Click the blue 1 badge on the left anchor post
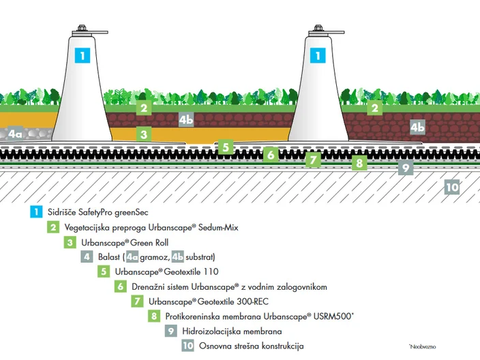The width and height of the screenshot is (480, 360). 82,55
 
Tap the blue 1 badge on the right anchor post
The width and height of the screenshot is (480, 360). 318,55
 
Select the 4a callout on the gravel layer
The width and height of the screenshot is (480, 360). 15,134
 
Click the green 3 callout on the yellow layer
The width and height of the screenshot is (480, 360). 144,134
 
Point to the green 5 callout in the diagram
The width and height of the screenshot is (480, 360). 226,147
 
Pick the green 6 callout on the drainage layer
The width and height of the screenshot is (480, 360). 271,155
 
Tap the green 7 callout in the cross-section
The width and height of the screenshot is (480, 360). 313,160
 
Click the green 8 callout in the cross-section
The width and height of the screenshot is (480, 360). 359,163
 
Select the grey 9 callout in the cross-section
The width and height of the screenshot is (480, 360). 406,168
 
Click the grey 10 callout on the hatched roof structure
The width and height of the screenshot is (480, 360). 452,187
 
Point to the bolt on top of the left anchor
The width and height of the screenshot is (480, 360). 82,28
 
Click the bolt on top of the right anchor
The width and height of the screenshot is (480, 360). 318,28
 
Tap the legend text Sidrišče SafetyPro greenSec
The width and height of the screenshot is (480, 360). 98,212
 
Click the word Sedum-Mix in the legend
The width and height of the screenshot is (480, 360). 218,228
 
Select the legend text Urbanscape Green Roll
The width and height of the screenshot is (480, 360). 125,243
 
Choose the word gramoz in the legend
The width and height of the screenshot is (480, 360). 155,257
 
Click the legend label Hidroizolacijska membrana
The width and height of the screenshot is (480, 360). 232,331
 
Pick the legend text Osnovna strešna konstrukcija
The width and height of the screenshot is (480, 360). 252,346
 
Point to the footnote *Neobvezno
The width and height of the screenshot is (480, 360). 423,347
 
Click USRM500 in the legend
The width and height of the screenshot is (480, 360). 333,316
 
